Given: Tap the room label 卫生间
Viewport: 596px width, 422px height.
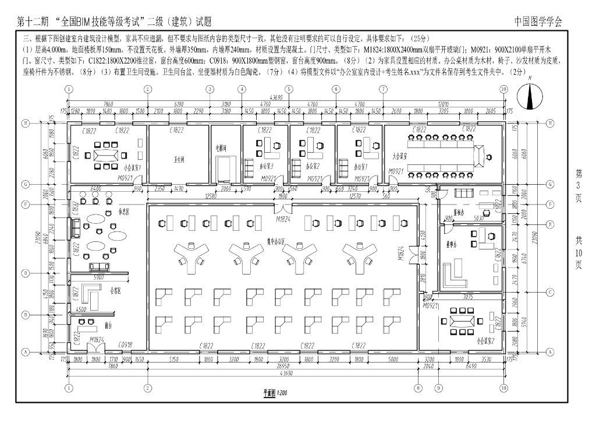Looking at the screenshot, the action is click(179, 158).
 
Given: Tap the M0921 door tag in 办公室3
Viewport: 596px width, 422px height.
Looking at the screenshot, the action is click(269, 178).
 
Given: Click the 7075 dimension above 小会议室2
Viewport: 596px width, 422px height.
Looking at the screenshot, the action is click(467, 296).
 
